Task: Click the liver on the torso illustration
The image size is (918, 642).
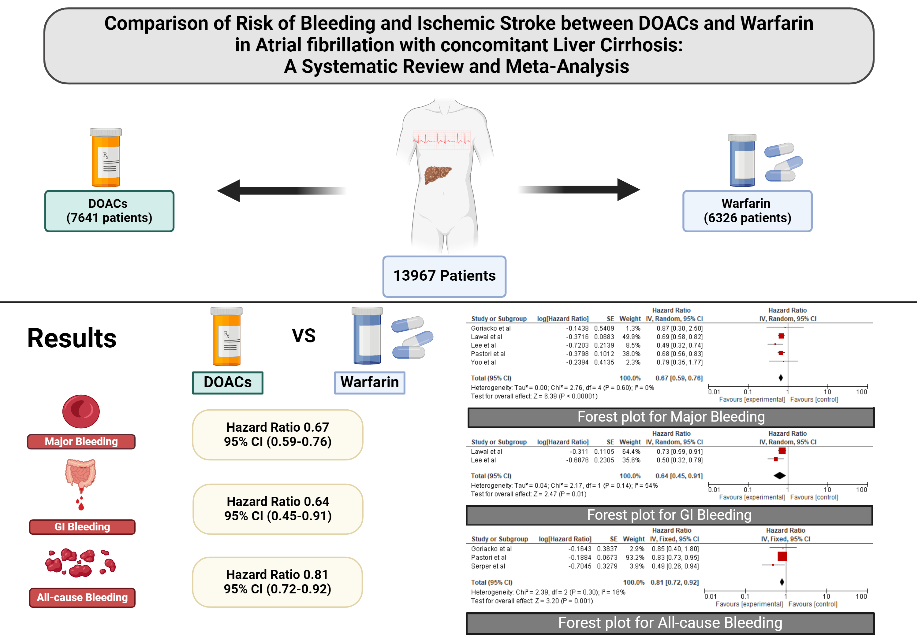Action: click(x=437, y=175)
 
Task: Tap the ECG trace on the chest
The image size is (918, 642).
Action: click(x=442, y=139)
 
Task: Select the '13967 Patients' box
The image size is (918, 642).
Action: click(x=444, y=276)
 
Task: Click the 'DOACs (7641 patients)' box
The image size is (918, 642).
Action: click(x=109, y=211)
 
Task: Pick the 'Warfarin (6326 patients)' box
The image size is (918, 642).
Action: click(x=747, y=211)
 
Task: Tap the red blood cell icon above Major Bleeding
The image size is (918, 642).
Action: click(x=81, y=411)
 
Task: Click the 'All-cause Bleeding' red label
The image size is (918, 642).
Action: click(x=82, y=597)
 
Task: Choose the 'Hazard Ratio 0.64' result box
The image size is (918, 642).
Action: click(x=278, y=509)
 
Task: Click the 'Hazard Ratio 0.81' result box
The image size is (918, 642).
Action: click(x=278, y=582)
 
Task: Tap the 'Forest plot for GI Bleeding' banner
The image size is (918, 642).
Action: click(x=669, y=515)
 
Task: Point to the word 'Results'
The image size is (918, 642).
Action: click(x=72, y=338)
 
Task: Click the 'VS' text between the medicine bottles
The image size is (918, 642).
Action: click(x=304, y=336)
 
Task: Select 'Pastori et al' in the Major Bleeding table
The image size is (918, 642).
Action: click(x=488, y=354)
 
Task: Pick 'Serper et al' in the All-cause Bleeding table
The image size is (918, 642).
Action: click(x=488, y=566)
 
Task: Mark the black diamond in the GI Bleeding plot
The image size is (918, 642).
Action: click(x=779, y=475)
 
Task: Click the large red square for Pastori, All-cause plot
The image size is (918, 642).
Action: click(x=782, y=556)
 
